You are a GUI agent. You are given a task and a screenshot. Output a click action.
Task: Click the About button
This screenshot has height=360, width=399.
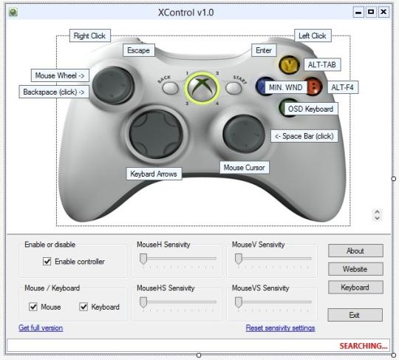coord(355,251)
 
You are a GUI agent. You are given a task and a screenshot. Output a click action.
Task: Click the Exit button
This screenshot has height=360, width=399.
coord(355,315)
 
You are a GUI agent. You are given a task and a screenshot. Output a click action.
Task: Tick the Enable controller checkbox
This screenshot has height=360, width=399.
coord(47,261)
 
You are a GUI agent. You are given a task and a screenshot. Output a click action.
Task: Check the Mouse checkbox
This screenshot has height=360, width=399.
coord(33,307)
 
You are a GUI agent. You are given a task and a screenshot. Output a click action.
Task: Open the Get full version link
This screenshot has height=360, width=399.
coord(41,327)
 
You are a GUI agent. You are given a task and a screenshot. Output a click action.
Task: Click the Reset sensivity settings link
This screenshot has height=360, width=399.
coord(281,327)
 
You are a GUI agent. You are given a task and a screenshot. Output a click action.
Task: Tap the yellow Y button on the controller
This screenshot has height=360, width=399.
coord(289,64)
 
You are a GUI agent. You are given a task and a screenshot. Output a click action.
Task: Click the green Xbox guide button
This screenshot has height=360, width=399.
coord(202,88)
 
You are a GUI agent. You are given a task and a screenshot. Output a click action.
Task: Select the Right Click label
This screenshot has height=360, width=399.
coord(90,35)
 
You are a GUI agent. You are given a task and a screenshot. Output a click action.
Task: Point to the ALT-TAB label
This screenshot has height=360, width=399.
coord(322,64)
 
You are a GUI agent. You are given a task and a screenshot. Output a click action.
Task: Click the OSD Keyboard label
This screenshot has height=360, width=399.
coord(310,109)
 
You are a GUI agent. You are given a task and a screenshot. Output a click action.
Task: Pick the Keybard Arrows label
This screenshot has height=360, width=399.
coord(154,174)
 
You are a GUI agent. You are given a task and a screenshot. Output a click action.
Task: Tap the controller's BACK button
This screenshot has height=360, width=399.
coord(170,88)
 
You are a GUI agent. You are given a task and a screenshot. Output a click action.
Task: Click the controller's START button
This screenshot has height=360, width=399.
coord(233,88)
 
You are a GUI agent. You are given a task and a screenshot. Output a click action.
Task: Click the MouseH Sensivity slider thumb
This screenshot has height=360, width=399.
coord(143,259)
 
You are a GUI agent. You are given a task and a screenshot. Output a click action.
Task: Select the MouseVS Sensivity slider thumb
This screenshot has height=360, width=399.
coord(239,302)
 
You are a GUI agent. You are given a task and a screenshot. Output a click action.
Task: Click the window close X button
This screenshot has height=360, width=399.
coord(383,12)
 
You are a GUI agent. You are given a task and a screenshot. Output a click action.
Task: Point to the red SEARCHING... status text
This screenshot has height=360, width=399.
coord(363,346)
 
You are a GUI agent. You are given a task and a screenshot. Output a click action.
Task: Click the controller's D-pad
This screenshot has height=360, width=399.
coord(156,134)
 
